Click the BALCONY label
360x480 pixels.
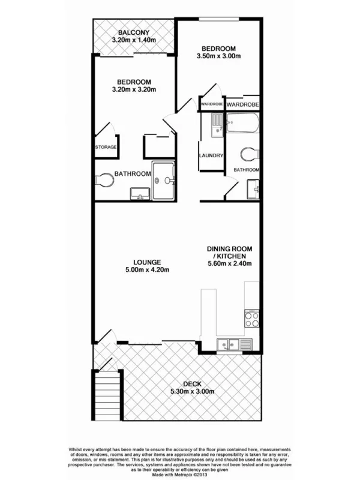click(x=134, y=32)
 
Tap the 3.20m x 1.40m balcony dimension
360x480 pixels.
click(x=134, y=40)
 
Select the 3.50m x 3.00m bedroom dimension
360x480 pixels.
click(x=219, y=57)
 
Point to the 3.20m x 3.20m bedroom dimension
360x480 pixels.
click(x=134, y=90)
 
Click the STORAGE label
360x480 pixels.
click(x=106, y=147)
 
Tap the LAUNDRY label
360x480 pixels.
click(x=211, y=156)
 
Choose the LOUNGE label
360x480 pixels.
click(x=146, y=262)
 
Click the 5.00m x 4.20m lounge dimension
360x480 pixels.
click(x=146, y=270)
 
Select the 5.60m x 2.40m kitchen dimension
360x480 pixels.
click(x=229, y=263)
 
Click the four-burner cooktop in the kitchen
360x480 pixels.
click(x=252, y=317)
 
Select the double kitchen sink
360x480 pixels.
click(x=230, y=344)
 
